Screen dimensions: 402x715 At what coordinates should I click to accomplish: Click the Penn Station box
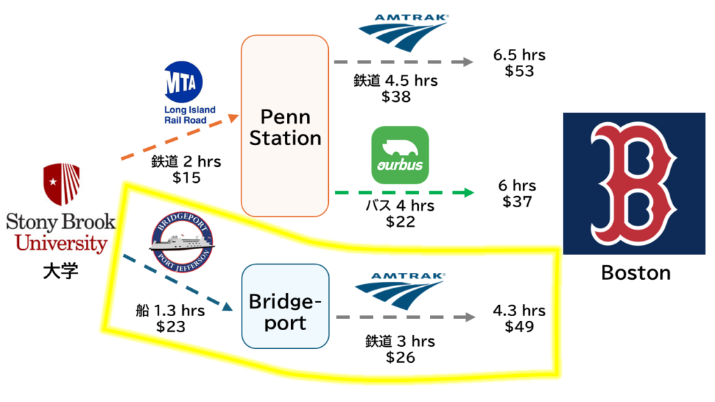[285, 126]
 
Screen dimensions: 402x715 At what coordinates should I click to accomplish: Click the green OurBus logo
[400, 154]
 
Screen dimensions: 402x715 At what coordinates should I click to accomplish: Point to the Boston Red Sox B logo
[634, 184]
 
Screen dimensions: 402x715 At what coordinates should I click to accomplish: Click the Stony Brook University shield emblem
[61, 184]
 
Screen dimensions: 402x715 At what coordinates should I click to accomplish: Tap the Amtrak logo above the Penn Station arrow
[403, 32]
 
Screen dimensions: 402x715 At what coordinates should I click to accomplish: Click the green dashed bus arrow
[404, 192]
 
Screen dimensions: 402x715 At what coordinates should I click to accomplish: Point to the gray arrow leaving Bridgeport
[405, 318]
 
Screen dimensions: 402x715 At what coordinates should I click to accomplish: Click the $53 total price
[519, 71]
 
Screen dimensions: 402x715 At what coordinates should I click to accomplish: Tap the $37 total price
[517, 202]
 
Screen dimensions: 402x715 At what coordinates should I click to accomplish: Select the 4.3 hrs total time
[519, 311]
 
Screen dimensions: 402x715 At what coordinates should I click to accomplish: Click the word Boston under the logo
[635, 273]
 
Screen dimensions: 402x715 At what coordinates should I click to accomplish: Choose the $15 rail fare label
[186, 178]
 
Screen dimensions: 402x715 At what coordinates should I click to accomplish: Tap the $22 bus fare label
[400, 221]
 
